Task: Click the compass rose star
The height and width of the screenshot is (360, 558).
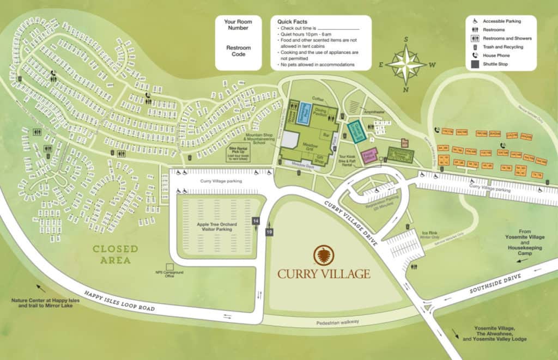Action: (x=405, y=65)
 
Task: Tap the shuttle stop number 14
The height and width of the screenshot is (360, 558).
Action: (x=255, y=221)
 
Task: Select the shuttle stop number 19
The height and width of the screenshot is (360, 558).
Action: (x=269, y=233)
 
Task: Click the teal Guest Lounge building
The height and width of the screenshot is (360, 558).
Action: (x=355, y=131)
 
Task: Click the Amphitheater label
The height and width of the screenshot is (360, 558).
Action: (x=374, y=112)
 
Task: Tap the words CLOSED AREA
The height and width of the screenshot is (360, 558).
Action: (x=115, y=254)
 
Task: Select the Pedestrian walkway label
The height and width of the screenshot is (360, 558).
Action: (x=338, y=321)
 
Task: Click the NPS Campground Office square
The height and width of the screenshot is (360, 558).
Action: (x=170, y=267)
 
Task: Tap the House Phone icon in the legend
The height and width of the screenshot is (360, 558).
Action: (x=475, y=56)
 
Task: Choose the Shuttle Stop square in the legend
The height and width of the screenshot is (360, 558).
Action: (x=475, y=64)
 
